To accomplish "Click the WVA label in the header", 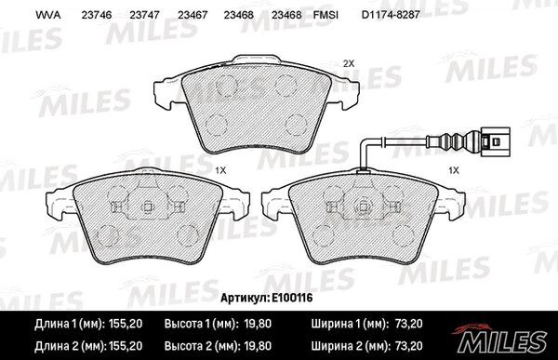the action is (48, 15).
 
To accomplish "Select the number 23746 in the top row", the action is (97, 15).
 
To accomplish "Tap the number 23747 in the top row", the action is (144, 15).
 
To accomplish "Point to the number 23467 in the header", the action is (193, 15).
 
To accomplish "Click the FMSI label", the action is (325, 15).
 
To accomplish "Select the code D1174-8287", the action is (391, 15).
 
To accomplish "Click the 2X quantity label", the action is (349, 64).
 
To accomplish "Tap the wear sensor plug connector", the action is (495, 141).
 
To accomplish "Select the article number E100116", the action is (292, 298).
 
